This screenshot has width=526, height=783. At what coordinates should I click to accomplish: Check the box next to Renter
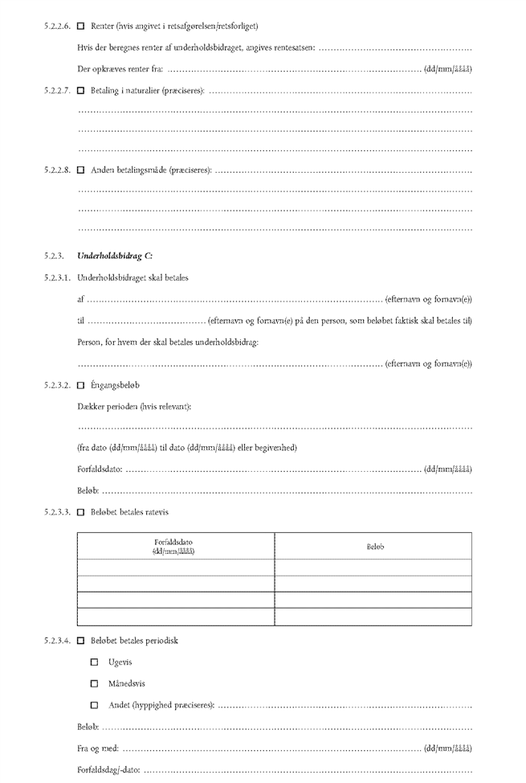coord(80,27)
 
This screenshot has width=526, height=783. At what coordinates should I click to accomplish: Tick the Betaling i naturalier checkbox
coord(80,90)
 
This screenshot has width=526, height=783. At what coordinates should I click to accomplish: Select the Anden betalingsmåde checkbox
coord(80,170)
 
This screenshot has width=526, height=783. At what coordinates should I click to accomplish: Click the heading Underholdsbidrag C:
coord(115,256)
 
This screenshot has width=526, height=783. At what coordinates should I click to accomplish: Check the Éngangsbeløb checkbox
coord(80,385)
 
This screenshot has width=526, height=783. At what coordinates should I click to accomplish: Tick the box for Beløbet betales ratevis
coord(80,512)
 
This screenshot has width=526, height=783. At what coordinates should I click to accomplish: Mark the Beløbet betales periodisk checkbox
coord(80,641)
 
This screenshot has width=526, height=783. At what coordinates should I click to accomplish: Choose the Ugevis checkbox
coord(95,662)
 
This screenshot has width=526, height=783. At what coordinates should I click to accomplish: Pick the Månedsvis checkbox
coord(95,684)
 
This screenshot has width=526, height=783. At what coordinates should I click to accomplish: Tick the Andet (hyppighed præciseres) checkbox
coord(95,706)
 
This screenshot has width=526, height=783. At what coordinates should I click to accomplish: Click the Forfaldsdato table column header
coord(174,546)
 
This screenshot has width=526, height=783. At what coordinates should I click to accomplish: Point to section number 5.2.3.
coord(55,256)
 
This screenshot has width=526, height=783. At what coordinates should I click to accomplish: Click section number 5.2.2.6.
coord(59,27)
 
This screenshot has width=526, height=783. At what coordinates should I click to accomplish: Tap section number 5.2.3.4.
coord(59,641)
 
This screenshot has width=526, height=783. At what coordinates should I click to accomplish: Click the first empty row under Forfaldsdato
coord(174,568)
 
